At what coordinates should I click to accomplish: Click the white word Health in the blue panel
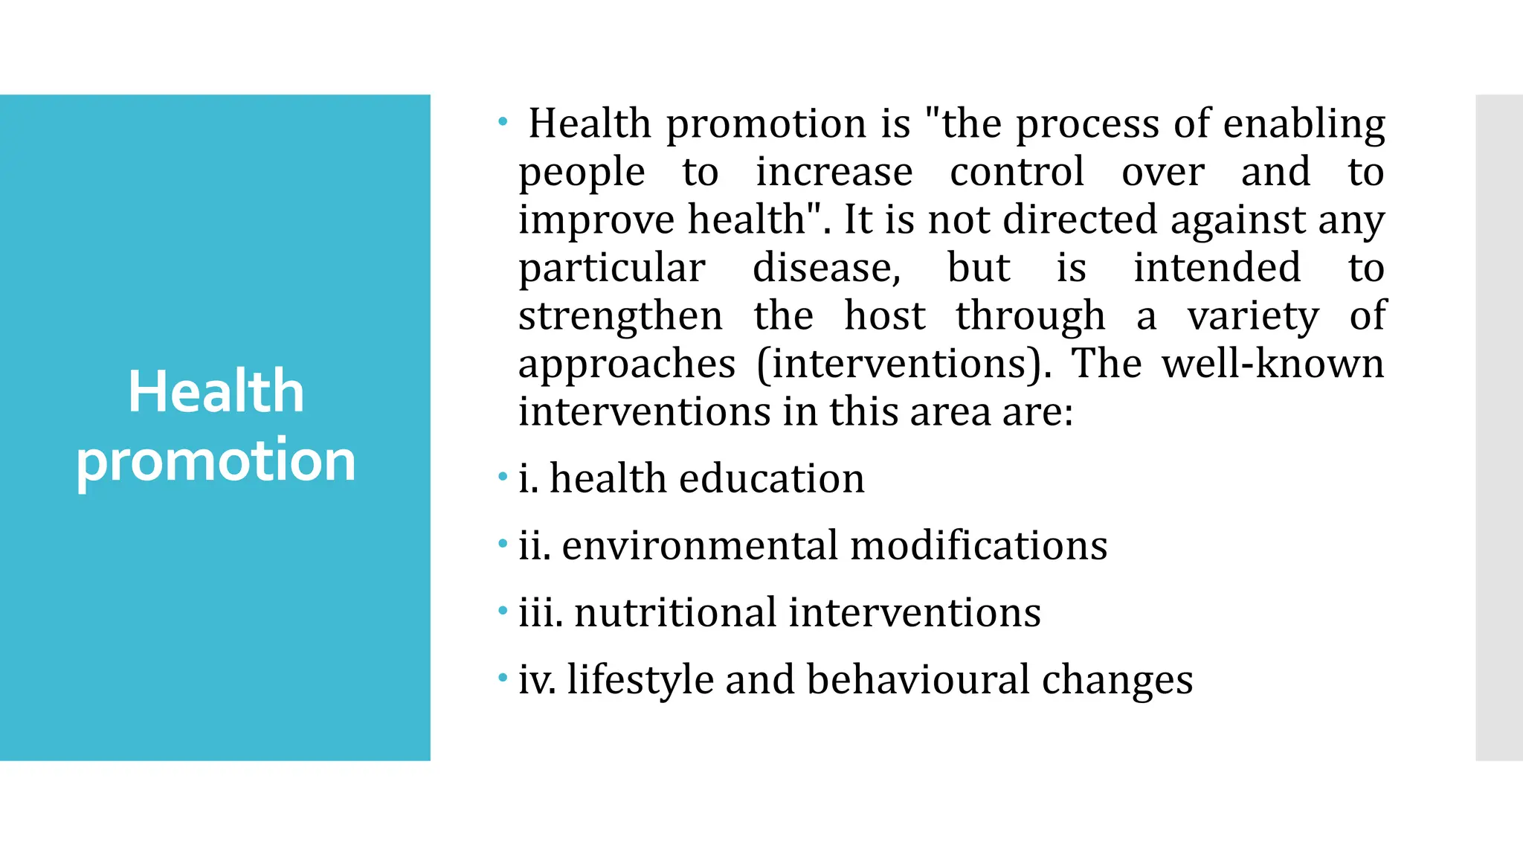[216, 391]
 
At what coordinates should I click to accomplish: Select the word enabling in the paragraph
[1304, 124]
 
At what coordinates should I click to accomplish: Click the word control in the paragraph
[1017, 172]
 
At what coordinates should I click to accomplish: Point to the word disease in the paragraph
[826, 268]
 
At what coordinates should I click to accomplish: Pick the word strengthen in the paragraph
[620, 316]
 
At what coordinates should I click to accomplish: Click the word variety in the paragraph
[1253, 316]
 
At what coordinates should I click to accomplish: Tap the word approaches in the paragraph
[627, 365]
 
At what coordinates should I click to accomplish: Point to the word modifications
[979, 545]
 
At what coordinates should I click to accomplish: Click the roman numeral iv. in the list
[537, 680]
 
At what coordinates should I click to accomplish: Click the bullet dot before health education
[503, 476]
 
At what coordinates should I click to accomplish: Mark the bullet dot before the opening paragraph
[503, 121]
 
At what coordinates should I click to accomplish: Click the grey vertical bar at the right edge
[1499, 428]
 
